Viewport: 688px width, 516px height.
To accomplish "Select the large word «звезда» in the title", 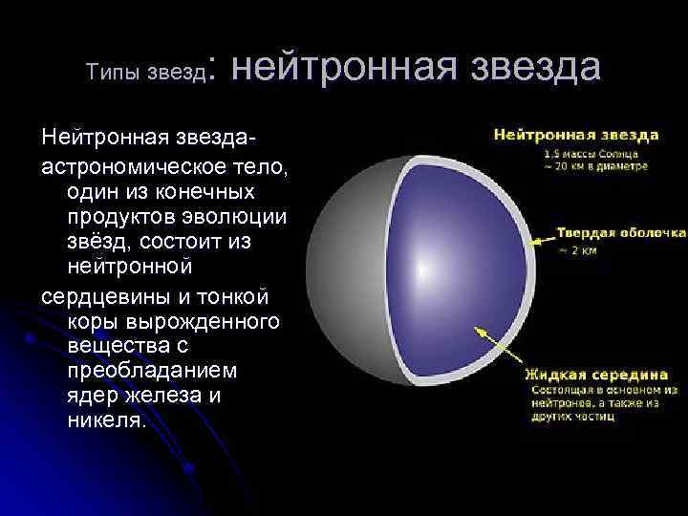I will point(527,68).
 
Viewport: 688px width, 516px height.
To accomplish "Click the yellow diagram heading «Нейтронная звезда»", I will point(575,134).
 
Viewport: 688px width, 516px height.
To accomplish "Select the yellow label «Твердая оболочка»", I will point(622,232).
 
